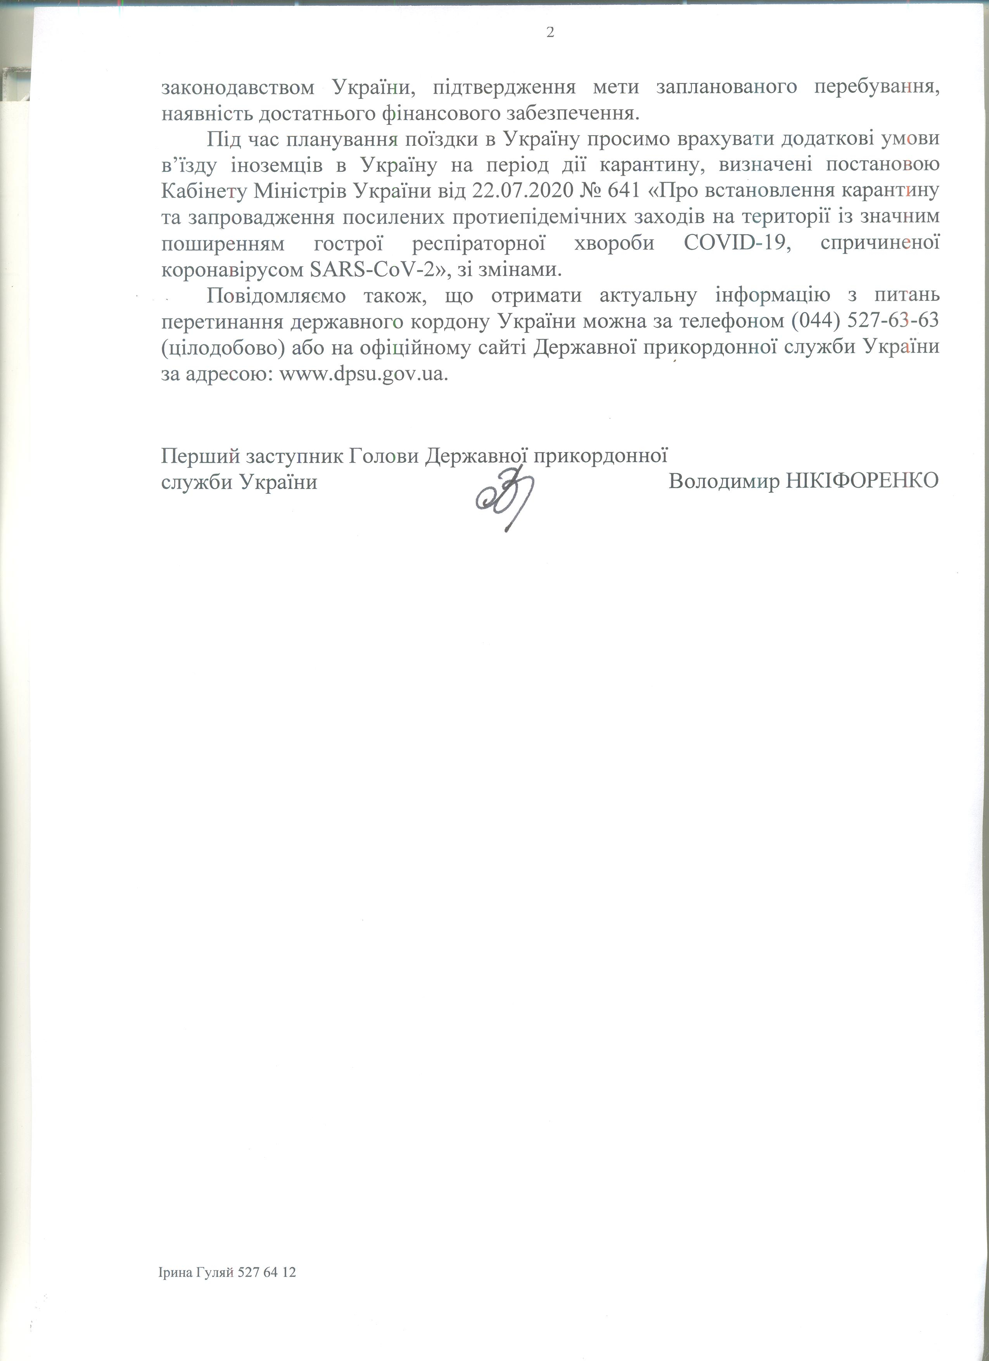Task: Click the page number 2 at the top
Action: coord(550,33)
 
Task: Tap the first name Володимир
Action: coord(723,481)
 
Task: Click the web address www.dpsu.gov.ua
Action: coord(364,375)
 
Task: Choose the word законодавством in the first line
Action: coord(238,86)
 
